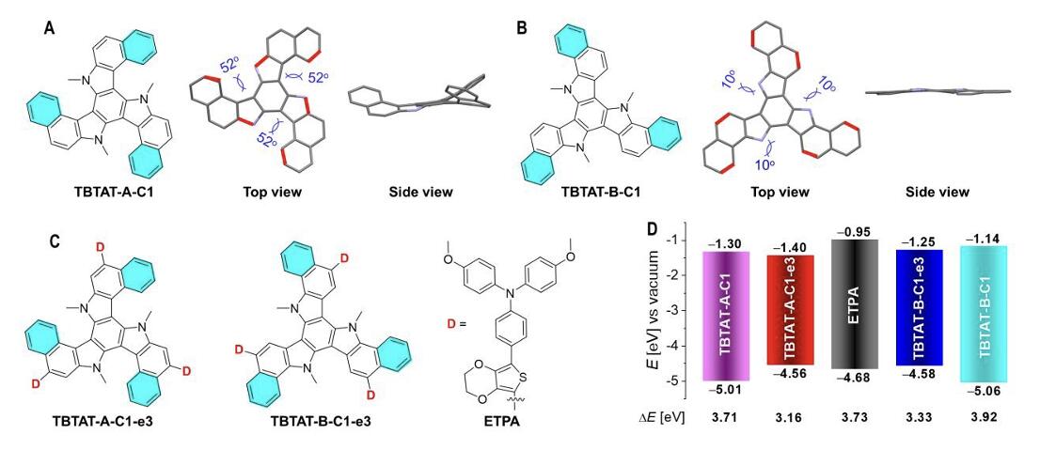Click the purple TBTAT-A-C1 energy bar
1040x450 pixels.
click(x=725, y=316)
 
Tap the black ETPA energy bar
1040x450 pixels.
click(x=854, y=304)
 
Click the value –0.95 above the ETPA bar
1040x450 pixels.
click(x=854, y=232)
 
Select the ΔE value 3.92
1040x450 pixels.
click(x=983, y=419)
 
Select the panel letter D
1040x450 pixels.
click(x=652, y=230)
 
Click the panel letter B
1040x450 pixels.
click(x=523, y=28)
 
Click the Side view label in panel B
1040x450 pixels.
click(x=936, y=193)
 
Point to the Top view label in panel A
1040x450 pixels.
click(x=272, y=193)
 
